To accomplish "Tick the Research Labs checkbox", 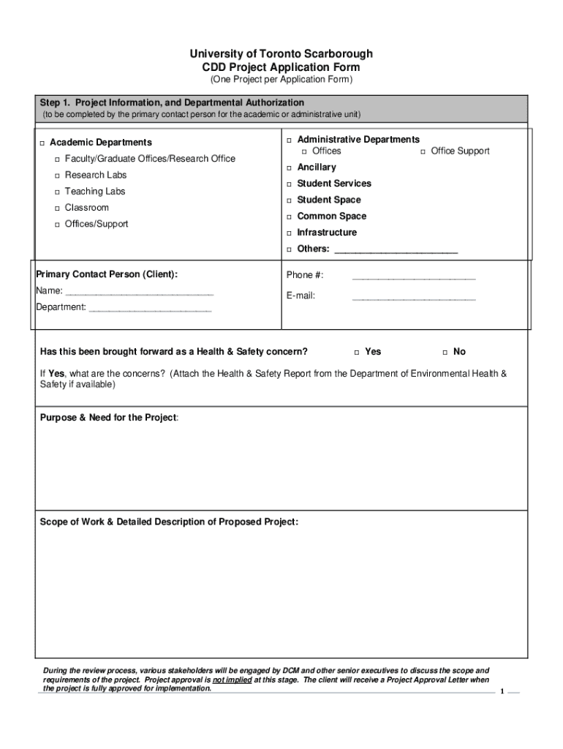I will click(57, 176).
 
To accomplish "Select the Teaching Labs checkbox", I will click(57, 192).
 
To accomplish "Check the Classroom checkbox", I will click(57, 208).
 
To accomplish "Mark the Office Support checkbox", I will click(423, 151).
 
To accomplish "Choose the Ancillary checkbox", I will click(290, 168).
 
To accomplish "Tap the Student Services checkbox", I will click(290, 184).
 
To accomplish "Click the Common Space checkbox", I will click(290, 217).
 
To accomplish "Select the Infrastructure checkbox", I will click(290, 233).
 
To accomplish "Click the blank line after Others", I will click(396, 250).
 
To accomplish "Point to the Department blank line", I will click(150, 308).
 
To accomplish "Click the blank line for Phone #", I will click(414, 276).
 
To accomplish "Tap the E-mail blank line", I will click(414, 297).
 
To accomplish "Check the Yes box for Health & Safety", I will click(357, 353).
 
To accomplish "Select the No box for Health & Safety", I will click(445, 353).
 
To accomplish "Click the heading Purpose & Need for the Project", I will click(108, 418).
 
